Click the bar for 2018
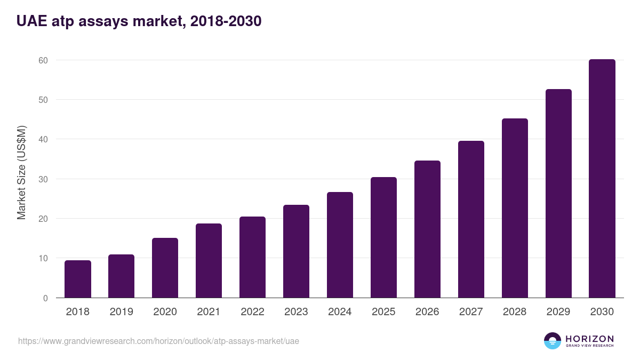78,279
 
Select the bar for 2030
602,179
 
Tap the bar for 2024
340,245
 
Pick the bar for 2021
209,261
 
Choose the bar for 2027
471,219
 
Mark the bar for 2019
122,276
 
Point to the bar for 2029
558,194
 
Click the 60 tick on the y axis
43,60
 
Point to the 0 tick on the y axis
45,298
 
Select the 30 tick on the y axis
43,179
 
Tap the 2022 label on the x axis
252,312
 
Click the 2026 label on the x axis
427,312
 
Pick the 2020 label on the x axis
165,312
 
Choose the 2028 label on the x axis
515,312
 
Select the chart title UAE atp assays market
139,21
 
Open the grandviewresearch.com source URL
158,341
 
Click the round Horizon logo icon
553,341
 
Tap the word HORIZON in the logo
589,338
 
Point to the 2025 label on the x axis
383,312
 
